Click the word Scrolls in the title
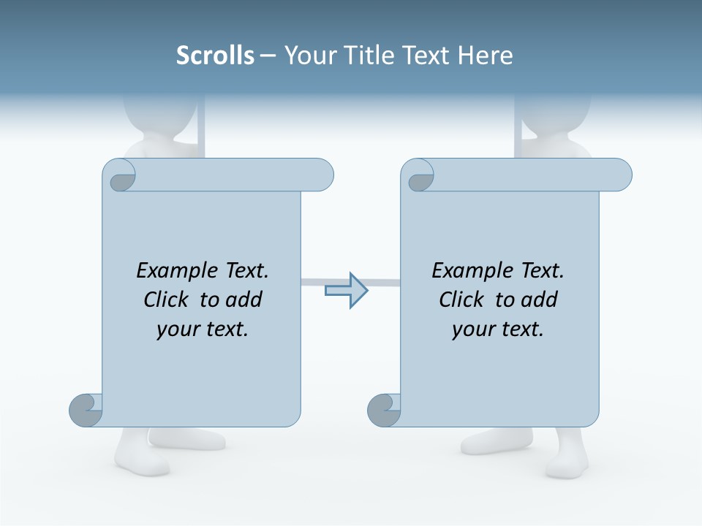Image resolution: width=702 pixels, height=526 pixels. (x=215, y=55)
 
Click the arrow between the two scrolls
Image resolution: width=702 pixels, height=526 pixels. (x=346, y=290)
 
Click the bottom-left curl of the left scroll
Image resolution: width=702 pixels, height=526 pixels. (x=86, y=410)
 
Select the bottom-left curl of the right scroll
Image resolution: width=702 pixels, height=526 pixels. (x=384, y=410)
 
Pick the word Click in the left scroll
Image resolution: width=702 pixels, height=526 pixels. (x=166, y=300)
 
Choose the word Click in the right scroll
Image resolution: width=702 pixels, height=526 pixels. (x=461, y=300)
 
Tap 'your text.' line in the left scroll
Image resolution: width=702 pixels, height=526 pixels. (x=203, y=329)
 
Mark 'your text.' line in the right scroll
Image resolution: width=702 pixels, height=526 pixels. (x=498, y=329)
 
